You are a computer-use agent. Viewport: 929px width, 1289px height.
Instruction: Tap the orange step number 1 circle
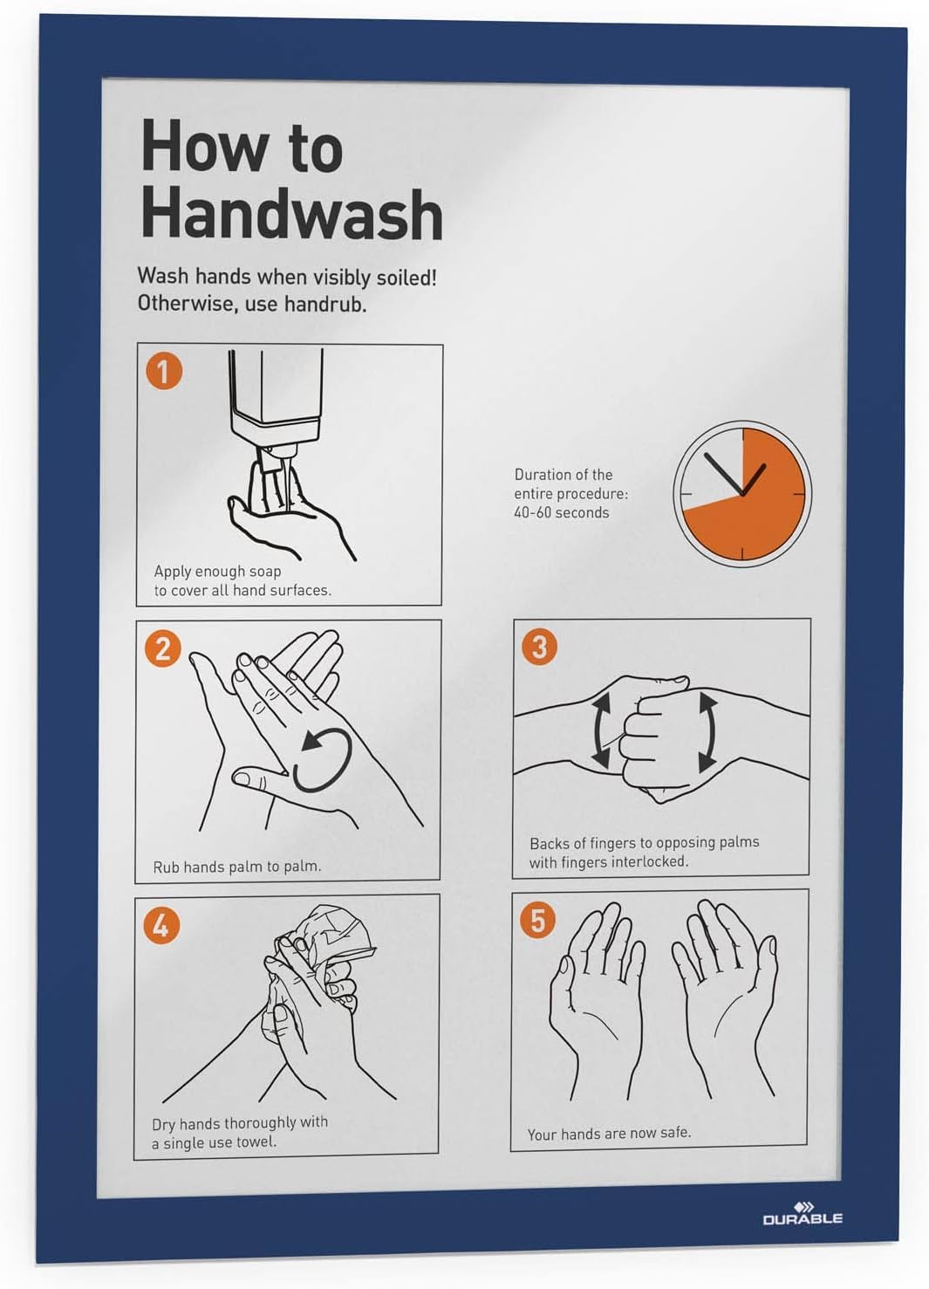pos(163,371)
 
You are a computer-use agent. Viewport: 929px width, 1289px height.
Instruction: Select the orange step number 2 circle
pos(163,648)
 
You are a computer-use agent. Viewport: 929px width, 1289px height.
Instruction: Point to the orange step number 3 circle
pos(539,647)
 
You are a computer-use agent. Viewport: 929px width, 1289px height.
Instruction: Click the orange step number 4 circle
pos(161,924)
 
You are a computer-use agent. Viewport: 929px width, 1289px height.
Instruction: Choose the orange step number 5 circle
pos(537,920)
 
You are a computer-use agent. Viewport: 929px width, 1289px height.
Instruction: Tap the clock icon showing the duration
pos(741,494)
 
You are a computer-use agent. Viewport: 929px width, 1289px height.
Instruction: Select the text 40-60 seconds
pos(561,512)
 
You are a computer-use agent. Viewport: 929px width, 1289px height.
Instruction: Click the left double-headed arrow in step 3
pos(600,730)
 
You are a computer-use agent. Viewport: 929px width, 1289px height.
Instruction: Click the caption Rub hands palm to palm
pos(236,867)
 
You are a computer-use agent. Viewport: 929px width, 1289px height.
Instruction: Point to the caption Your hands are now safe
pos(608,1133)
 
